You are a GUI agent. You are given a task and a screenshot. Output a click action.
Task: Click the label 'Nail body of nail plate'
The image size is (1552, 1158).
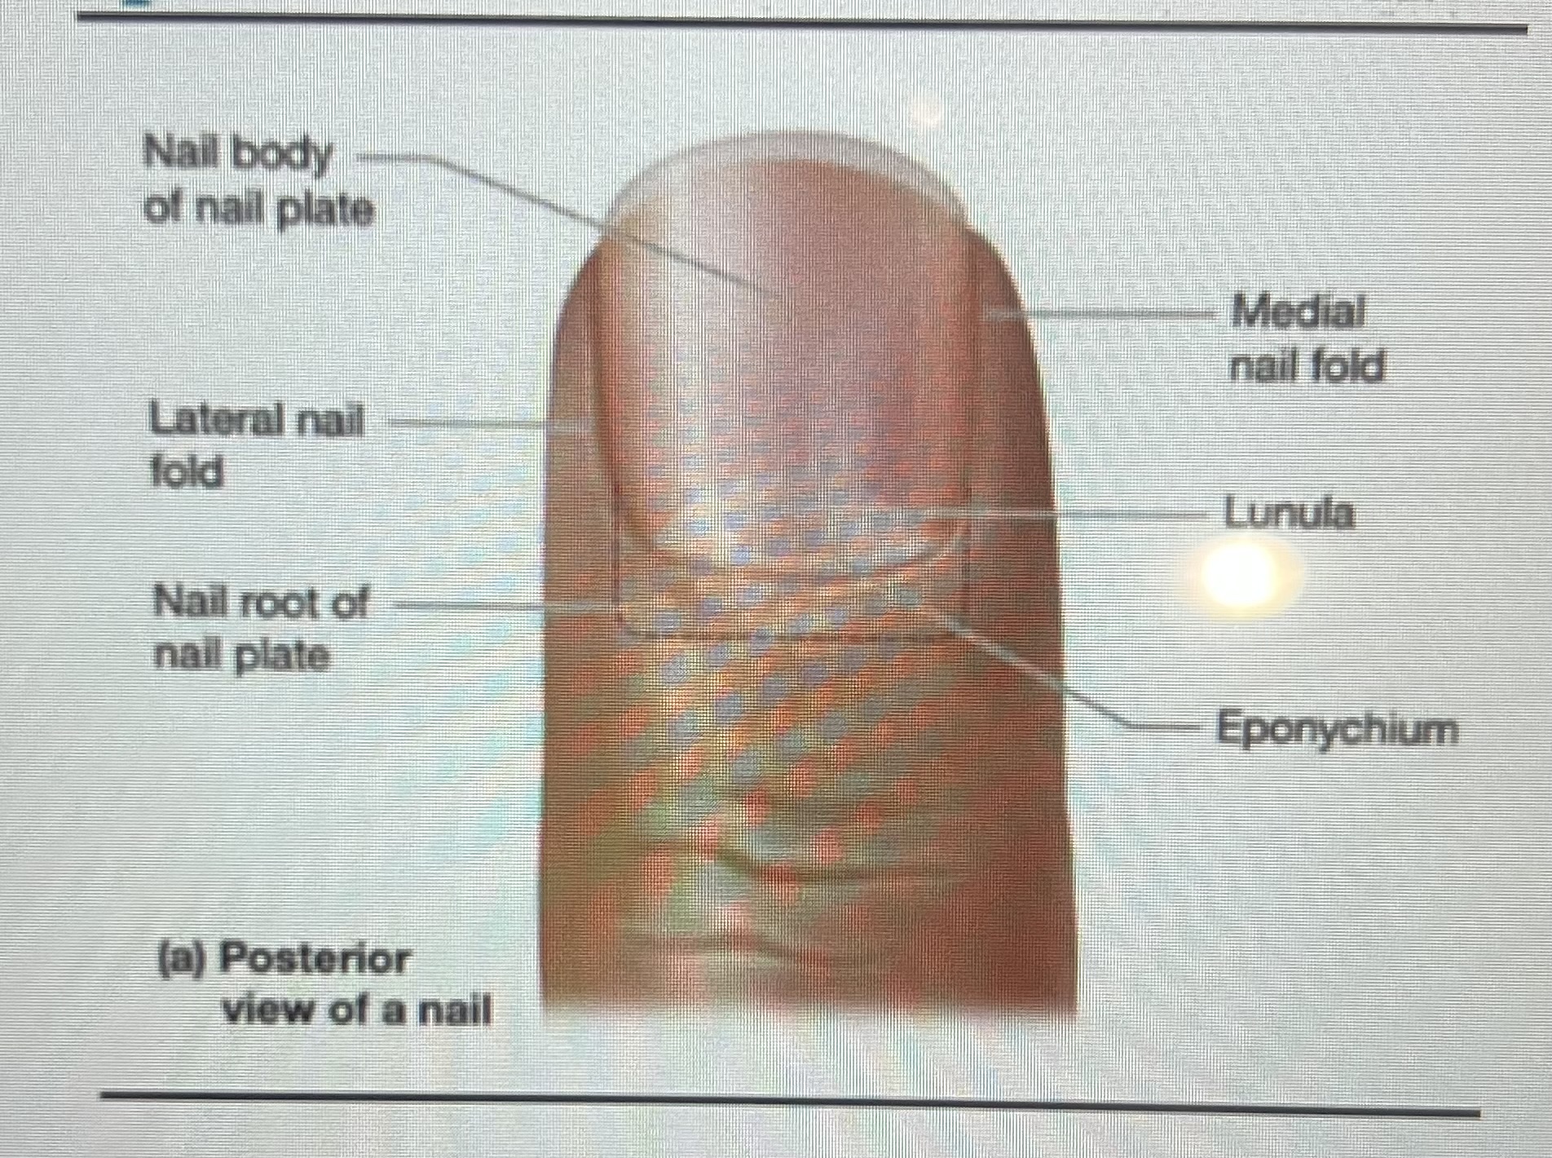pyautogui.click(x=258, y=183)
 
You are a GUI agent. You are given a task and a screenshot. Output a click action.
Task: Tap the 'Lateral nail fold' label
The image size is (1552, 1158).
pyautogui.click(x=256, y=446)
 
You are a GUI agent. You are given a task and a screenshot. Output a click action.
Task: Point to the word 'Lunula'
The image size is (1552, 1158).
pyautogui.click(x=1289, y=514)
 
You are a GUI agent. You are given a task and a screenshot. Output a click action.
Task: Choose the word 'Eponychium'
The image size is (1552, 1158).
pyautogui.click(x=1337, y=728)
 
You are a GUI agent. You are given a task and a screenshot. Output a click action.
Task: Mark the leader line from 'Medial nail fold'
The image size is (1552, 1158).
pyautogui.click(x=1117, y=312)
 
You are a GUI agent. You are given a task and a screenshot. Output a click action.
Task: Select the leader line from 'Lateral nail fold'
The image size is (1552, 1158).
pyautogui.click(x=473, y=423)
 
